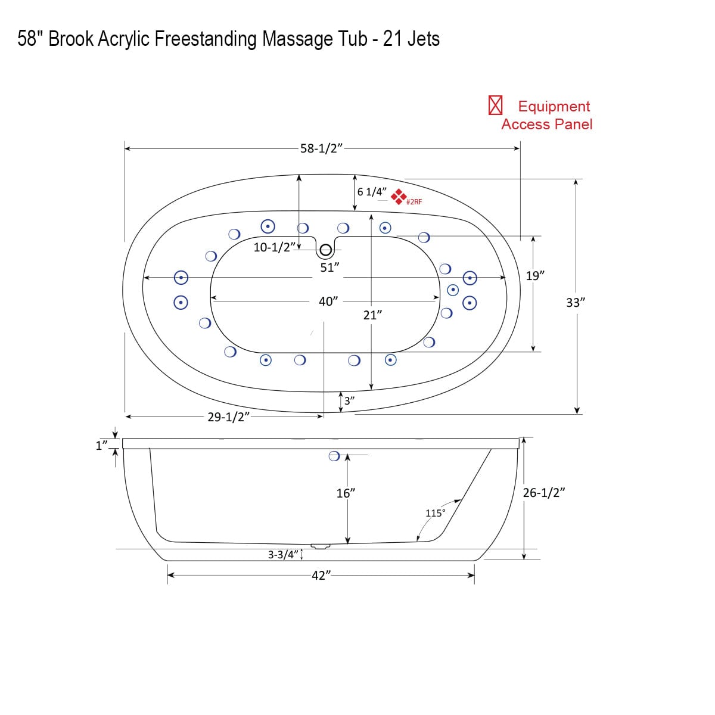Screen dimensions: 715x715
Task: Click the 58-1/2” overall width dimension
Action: click(x=322, y=148)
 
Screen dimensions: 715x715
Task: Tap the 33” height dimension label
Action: click(x=576, y=303)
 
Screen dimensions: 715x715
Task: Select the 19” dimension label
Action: click(x=535, y=276)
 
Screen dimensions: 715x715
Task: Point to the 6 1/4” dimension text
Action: click(x=372, y=192)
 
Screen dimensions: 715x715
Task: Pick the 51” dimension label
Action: click(x=329, y=268)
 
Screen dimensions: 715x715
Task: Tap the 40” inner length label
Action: click(x=328, y=301)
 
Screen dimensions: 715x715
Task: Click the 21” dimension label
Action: click(x=372, y=315)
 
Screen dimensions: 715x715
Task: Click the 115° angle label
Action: click(x=435, y=513)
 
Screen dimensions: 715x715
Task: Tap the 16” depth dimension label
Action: click(x=346, y=493)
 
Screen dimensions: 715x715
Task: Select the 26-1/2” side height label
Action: click(x=543, y=493)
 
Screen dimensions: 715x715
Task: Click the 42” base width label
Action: click(x=321, y=576)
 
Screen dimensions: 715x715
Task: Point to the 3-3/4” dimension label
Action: click(x=282, y=555)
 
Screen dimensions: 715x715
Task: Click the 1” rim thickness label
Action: click(x=101, y=444)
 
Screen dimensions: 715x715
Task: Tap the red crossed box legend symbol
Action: click(x=496, y=105)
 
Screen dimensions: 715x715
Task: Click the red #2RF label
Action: click(x=414, y=202)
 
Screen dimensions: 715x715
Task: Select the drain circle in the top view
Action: click(x=326, y=251)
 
